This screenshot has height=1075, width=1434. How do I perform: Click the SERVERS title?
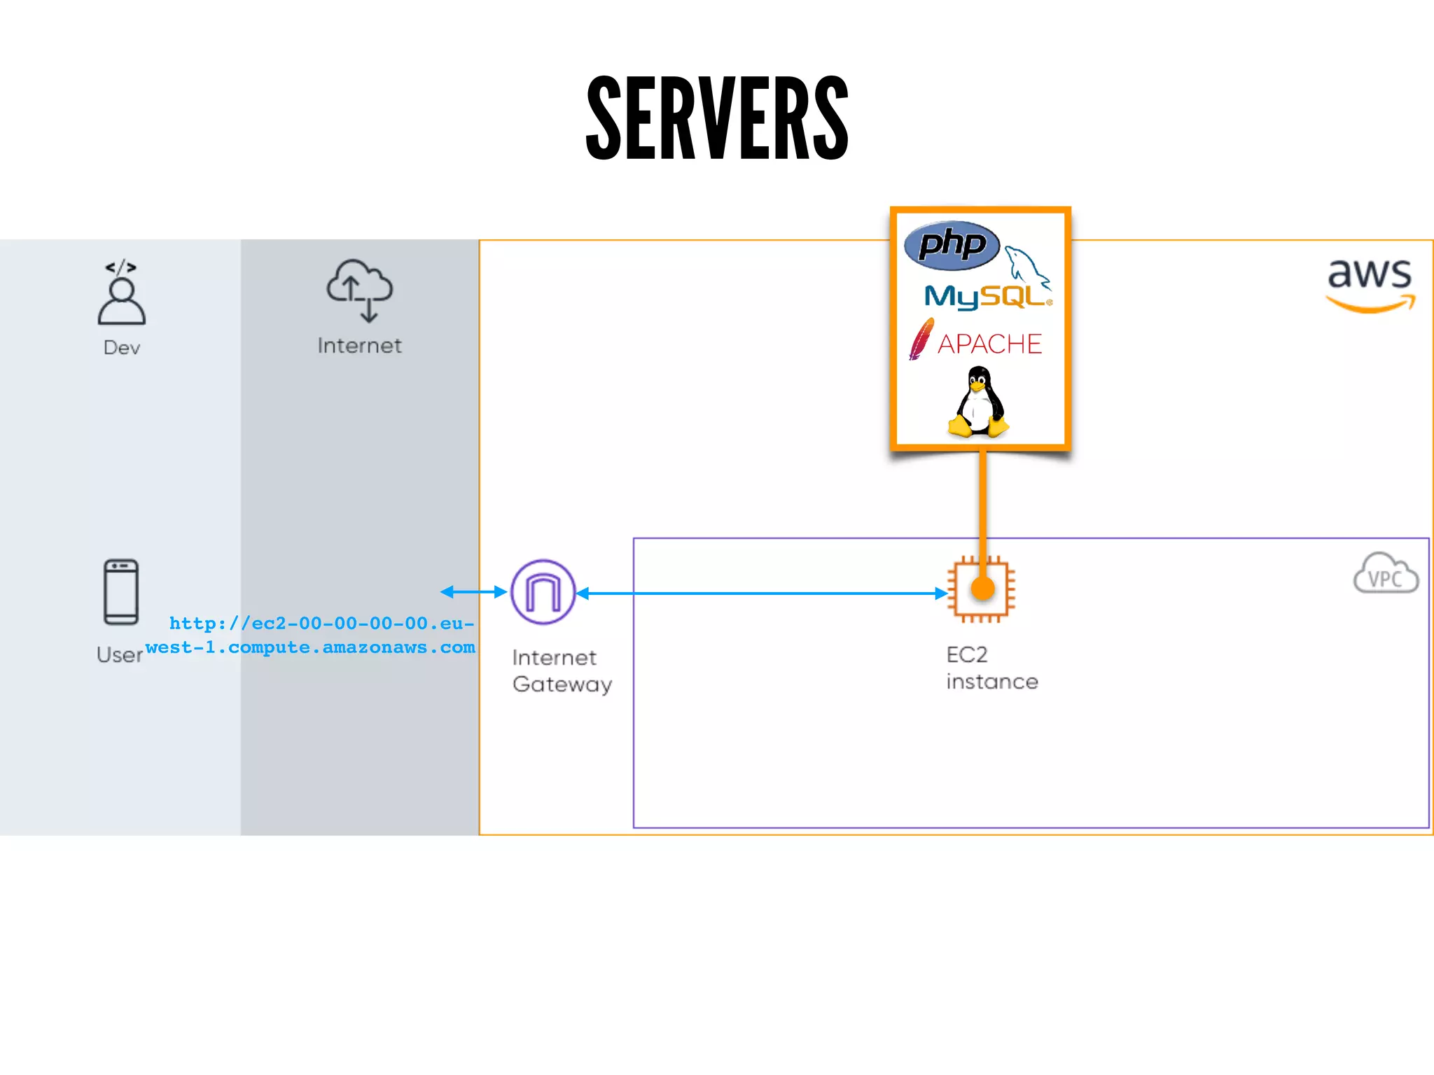[x=717, y=118]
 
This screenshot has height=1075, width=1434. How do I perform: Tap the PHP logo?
[x=952, y=246]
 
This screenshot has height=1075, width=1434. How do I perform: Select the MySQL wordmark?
[x=984, y=297]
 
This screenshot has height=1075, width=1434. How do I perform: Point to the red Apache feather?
[x=921, y=339]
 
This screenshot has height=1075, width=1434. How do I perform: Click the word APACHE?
[x=989, y=344]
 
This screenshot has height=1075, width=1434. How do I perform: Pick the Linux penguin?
[x=978, y=402]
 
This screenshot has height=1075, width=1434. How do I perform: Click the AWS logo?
[x=1370, y=283]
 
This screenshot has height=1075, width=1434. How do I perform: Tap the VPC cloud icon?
[x=1386, y=574]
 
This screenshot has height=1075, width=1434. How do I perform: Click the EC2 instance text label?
[x=991, y=668]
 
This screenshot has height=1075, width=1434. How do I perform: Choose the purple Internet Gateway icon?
[x=543, y=592]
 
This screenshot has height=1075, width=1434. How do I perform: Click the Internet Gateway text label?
[x=562, y=670]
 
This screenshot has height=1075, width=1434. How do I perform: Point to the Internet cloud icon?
[x=360, y=290]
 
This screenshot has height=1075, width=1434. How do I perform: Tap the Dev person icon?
[x=122, y=294]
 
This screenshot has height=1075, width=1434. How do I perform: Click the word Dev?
[x=122, y=348]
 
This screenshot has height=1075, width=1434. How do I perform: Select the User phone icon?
[x=121, y=592]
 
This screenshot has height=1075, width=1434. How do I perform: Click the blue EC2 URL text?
[x=312, y=635]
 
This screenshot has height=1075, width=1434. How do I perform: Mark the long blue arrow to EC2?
[x=763, y=593]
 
